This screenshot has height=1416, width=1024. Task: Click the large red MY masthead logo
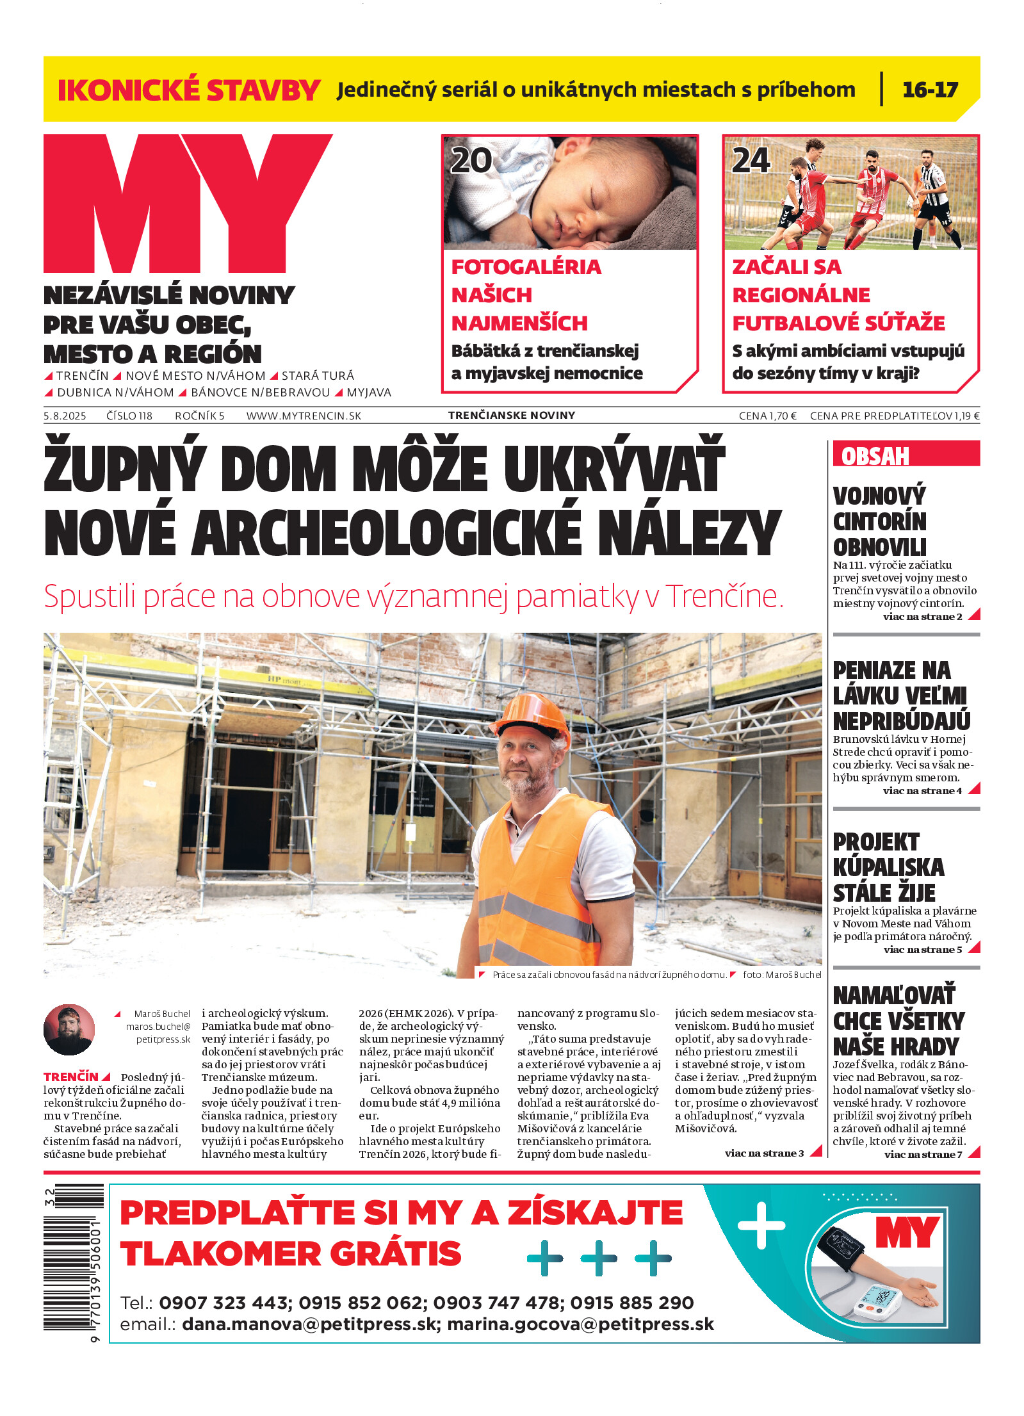tap(187, 203)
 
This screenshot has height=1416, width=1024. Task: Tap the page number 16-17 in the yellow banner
tap(929, 90)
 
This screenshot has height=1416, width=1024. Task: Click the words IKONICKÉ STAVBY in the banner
tap(189, 90)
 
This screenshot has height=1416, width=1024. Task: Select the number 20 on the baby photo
tap(471, 160)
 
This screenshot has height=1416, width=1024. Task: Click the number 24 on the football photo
tap(751, 160)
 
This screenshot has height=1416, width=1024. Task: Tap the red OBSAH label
tap(875, 456)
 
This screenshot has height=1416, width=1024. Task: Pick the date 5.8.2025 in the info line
tap(65, 416)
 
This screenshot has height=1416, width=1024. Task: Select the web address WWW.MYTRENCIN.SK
tap(304, 416)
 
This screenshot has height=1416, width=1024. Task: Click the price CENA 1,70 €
tap(767, 416)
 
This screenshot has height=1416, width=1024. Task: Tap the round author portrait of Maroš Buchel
tap(69, 1029)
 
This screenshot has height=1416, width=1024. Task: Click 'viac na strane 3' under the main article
tap(763, 1153)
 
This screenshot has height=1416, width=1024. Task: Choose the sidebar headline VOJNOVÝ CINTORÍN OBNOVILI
tap(879, 521)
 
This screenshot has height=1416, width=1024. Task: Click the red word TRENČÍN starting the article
tap(71, 1077)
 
